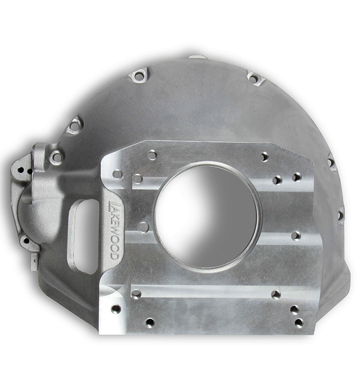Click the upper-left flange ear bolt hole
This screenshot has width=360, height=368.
(139, 76)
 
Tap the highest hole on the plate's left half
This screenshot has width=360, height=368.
(152, 155)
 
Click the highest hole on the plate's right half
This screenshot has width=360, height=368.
(264, 156)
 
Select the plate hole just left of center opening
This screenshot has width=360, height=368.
(143, 226)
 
